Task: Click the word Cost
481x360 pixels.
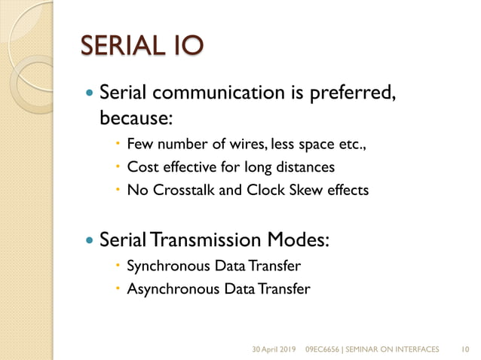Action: pyautogui.click(x=142, y=166)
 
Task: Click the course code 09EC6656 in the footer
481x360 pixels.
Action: pyautogui.click(x=324, y=349)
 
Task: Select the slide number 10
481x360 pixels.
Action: pyautogui.click(x=464, y=349)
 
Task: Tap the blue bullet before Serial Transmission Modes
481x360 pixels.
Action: pyautogui.click(x=90, y=241)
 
